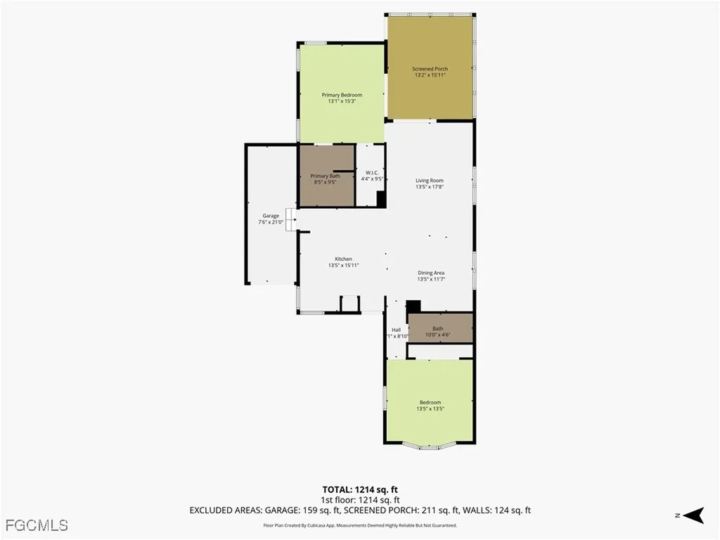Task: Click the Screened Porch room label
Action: [430, 69]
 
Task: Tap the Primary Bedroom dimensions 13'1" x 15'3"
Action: [342, 101]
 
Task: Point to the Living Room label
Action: [429, 181]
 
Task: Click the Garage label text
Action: [271, 216]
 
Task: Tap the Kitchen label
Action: [343, 259]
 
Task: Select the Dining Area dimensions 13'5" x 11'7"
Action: [431, 279]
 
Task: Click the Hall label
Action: [396, 330]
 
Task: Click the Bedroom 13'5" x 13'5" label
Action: [430, 405]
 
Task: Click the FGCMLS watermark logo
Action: [36, 525]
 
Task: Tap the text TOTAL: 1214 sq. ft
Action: [360, 489]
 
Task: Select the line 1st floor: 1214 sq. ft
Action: [360, 500]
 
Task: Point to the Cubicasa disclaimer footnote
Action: [360, 525]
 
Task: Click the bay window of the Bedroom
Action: [430, 445]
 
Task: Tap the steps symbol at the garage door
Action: [290, 224]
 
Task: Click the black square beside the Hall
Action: [413, 306]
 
